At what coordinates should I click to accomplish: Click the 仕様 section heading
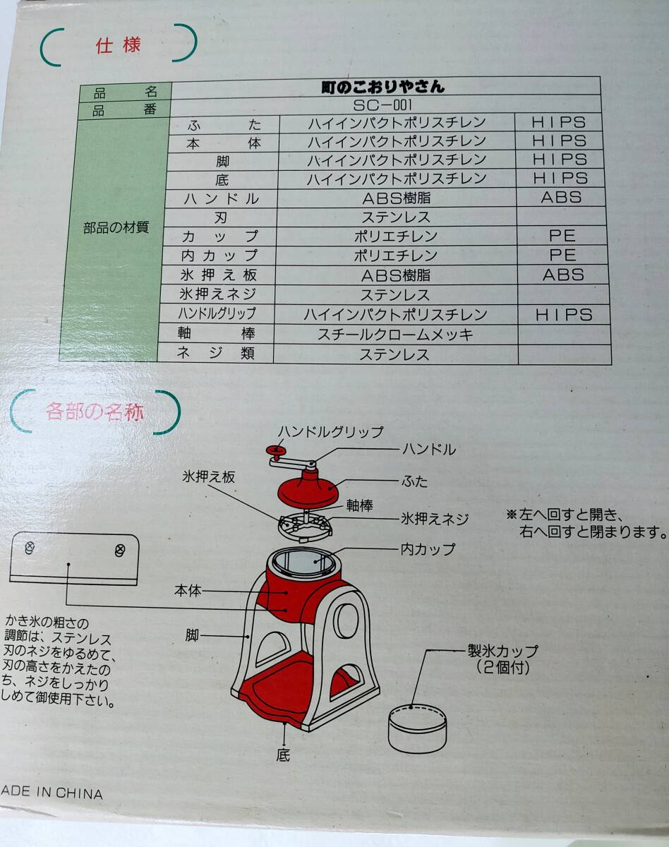[118, 46]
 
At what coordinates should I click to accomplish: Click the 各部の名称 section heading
[95, 412]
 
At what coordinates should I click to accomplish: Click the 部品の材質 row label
[116, 228]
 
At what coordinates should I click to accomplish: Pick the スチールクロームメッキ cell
[395, 335]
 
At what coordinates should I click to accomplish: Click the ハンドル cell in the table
[221, 198]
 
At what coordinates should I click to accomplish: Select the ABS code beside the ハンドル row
[561, 197]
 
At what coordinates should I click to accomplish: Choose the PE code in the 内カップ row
[562, 255]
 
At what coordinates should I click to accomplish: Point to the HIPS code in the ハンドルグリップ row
[563, 315]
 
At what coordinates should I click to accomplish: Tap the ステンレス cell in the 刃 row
[395, 217]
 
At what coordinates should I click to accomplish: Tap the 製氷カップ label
[502, 650]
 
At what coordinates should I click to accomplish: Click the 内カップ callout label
[428, 548]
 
